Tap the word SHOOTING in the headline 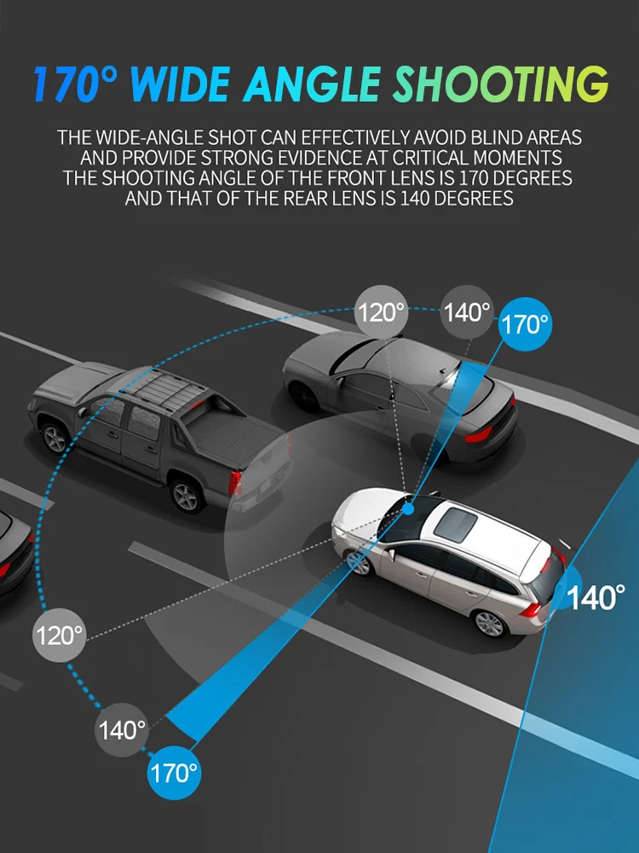498,84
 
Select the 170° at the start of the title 74,84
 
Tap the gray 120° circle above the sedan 381,312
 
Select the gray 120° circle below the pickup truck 59,635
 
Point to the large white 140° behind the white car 596,596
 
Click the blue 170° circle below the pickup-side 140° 174,773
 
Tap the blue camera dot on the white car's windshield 408,509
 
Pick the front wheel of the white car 360,562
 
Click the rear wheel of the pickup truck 186,494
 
